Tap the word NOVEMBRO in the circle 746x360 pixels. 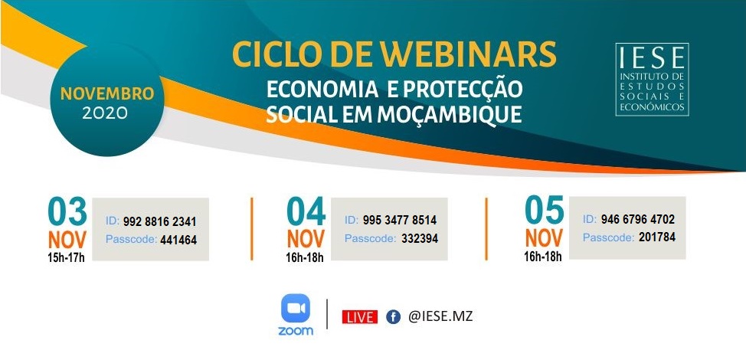click(x=107, y=93)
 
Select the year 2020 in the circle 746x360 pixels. click(x=105, y=113)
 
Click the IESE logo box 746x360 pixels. click(x=652, y=80)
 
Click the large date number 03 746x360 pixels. click(x=67, y=211)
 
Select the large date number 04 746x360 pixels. click(x=306, y=211)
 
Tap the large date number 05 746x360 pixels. click(x=545, y=210)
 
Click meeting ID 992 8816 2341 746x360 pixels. click(x=159, y=222)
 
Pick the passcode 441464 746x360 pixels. click(x=178, y=241)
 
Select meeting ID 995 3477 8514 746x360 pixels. click(x=400, y=221)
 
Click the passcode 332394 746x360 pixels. click(x=420, y=238)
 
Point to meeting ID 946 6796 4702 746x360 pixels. click(x=637, y=220)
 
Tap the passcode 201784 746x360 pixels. click(x=657, y=237)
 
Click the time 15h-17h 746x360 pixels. click(x=67, y=259)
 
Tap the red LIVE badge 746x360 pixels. click(x=360, y=317)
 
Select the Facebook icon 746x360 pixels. click(x=393, y=317)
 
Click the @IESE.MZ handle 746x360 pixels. click(x=440, y=316)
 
